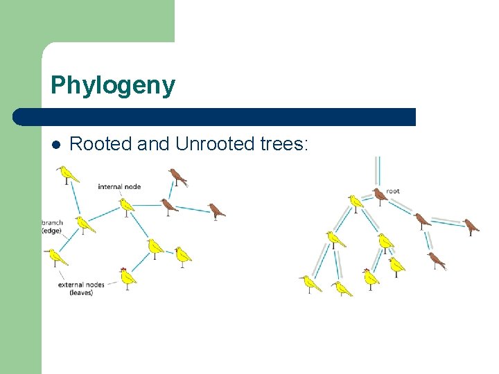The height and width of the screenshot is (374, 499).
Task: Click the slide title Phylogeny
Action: [113, 86]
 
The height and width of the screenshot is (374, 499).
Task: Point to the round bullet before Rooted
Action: [57, 145]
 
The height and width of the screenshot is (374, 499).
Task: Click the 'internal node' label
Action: [119, 186]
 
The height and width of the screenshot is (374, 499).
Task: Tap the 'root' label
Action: [393, 191]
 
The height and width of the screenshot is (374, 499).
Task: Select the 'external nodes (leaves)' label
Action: [80, 288]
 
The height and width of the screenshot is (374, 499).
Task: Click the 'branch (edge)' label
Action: [53, 226]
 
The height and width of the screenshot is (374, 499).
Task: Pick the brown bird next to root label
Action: [379, 196]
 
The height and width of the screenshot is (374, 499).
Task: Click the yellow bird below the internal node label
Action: [125, 205]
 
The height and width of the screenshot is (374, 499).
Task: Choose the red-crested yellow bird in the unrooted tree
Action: [127, 277]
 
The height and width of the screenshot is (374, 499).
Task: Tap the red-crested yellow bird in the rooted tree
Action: [371, 278]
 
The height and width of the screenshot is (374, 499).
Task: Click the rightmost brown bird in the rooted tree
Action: [471, 226]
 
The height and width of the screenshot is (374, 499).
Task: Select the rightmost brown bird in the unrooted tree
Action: [217, 210]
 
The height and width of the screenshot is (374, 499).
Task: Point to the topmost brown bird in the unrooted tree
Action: [177, 177]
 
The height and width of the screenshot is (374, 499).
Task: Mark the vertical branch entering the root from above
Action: [378, 170]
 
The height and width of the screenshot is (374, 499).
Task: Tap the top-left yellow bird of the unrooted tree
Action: [67, 174]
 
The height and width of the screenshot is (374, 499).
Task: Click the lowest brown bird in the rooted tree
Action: [436, 260]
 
